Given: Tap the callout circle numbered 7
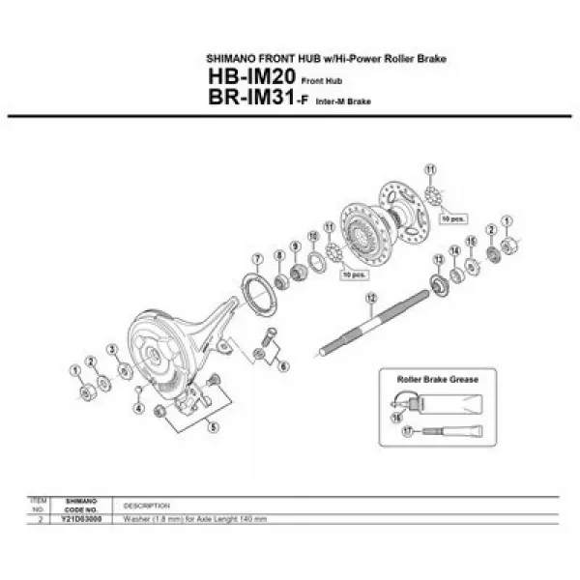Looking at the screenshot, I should [x=257, y=258].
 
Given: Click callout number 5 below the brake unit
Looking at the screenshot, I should [x=213, y=425].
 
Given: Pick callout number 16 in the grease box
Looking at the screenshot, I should [x=395, y=417].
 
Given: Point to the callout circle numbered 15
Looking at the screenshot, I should [x=472, y=241].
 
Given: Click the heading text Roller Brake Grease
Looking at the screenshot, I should [x=437, y=379].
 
